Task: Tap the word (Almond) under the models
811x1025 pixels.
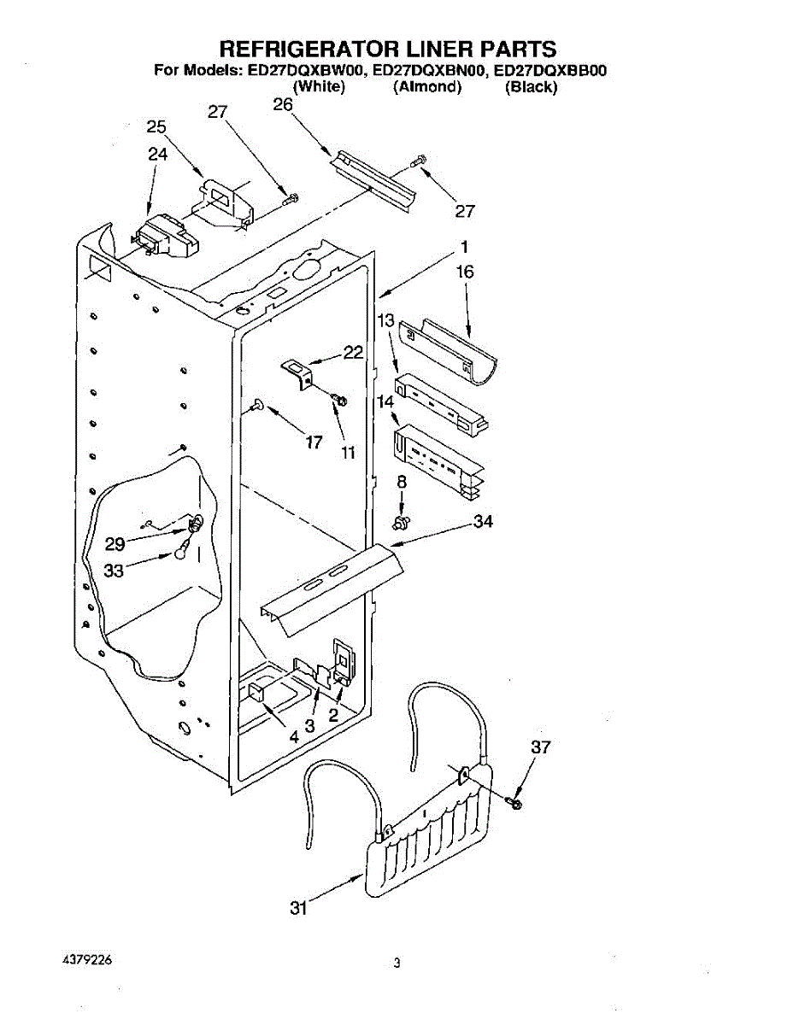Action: (427, 87)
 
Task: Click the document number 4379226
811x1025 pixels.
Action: (85, 960)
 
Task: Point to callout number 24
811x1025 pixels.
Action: (157, 155)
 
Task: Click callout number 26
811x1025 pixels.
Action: (283, 105)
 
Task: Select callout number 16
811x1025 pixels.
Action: (465, 272)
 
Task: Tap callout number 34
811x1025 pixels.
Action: (483, 522)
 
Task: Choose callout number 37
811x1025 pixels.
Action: (540, 747)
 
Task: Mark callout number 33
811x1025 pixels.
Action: (114, 571)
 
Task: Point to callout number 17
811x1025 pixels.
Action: (314, 442)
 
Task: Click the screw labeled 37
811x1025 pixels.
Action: (514, 803)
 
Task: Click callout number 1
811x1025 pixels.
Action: (463, 248)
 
